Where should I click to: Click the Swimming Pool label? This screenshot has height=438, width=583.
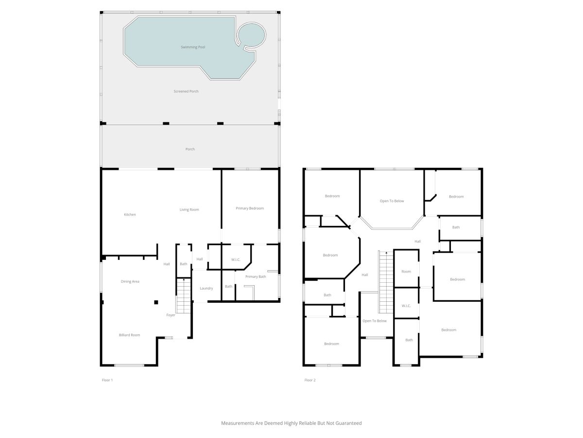tap(193, 47)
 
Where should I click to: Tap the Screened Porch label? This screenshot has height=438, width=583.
tap(186, 91)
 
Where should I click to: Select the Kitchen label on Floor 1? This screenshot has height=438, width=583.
tap(130, 215)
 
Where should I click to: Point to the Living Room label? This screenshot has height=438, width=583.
tap(189, 210)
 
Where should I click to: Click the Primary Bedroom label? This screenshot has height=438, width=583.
tap(250, 208)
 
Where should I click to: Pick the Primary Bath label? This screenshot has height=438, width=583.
tap(256, 276)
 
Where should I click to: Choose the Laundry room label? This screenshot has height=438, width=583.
tap(206, 288)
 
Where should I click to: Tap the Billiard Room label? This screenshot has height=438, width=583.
tap(129, 335)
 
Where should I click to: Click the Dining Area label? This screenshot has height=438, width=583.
tap(130, 281)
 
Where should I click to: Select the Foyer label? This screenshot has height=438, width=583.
tap(171, 315)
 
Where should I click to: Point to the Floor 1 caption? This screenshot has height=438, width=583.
tap(107, 380)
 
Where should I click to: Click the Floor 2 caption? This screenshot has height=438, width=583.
tap(310, 380)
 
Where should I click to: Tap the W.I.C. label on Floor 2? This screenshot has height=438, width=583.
tap(406, 306)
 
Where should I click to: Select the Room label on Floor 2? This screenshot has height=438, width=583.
tap(406, 272)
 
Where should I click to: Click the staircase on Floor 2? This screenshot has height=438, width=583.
tap(386, 282)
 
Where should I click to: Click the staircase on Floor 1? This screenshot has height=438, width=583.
tap(184, 296)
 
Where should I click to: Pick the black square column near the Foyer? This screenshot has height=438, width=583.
tap(156, 302)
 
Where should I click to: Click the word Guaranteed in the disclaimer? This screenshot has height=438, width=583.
tap(348, 423)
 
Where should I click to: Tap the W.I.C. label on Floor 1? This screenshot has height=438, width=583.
tap(236, 259)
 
